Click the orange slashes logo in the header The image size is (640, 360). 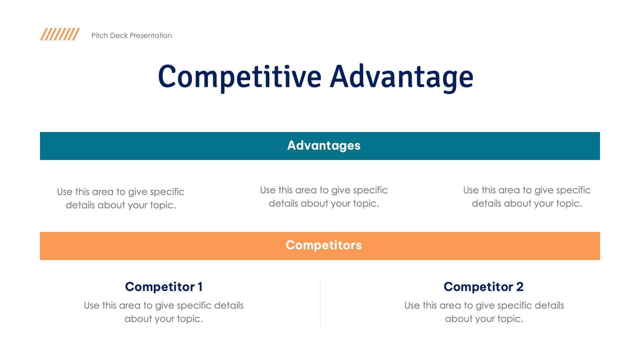click(x=60, y=35)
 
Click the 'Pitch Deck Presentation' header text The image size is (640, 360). click(x=131, y=36)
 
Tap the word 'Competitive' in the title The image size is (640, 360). click(x=239, y=76)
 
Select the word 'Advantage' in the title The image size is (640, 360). click(x=401, y=76)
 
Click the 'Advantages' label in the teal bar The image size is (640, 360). click(x=324, y=146)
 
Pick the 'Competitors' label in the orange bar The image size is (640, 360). click(x=324, y=245)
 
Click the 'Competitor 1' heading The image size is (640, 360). click(x=163, y=287)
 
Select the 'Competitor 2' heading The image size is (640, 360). click(x=483, y=287)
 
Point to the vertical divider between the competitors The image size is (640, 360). click(x=320, y=302)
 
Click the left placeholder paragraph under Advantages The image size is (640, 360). click(x=121, y=198)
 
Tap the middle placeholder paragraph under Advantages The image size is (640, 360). click(x=324, y=197)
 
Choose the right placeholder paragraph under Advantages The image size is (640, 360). click(x=527, y=197)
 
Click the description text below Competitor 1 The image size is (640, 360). click(x=163, y=312)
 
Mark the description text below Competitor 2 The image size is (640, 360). click(x=484, y=312)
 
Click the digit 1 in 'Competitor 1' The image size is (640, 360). click(x=199, y=287)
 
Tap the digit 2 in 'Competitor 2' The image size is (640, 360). click(x=519, y=287)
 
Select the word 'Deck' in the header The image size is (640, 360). click(x=118, y=36)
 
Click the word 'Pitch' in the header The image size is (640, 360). click(x=99, y=36)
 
